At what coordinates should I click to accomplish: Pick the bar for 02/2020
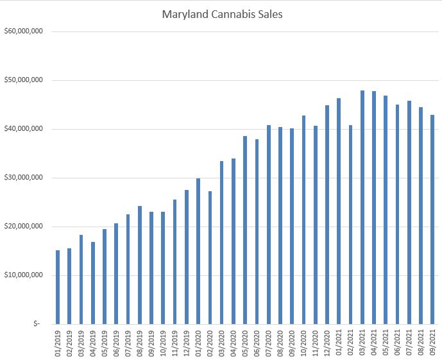point(210,257)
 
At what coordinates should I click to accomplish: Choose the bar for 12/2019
point(187,257)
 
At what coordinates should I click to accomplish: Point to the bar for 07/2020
point(269,225)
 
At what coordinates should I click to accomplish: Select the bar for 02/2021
point(350,225)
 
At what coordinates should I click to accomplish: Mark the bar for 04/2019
point(93,282)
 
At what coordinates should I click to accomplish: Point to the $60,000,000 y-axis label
point(23,31)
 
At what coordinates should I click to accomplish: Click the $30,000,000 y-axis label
point(23,178)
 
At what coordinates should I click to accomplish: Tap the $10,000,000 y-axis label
point(23,275)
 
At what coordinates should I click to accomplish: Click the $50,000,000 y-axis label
point(23,80)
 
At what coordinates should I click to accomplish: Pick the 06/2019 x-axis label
point(116,343)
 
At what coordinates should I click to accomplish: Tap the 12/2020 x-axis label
point(327,343)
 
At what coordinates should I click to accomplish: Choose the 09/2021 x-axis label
point(432,343)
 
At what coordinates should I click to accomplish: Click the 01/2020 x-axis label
point(198,343)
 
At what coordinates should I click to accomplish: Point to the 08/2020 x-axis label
point(280,343)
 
